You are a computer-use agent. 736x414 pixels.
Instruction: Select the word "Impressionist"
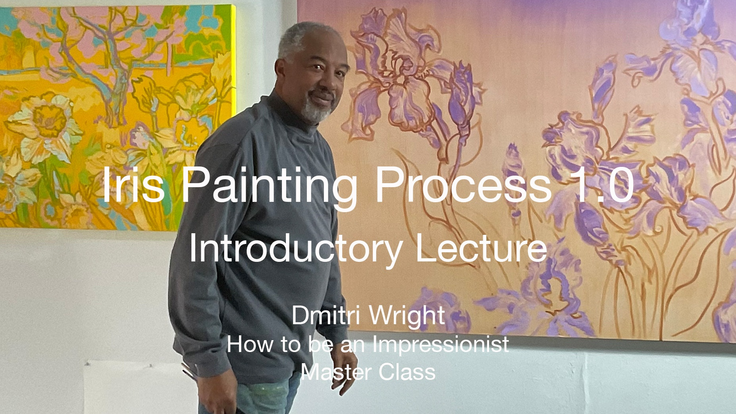pos(440,344)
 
